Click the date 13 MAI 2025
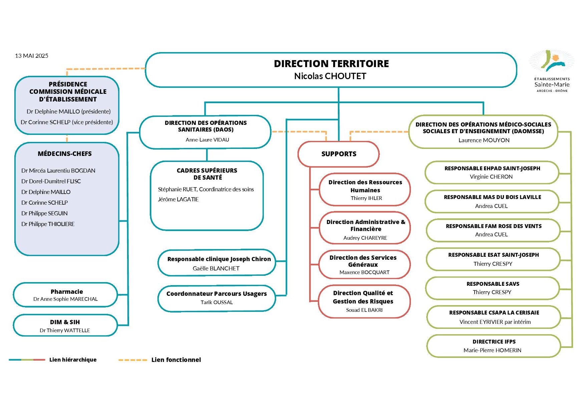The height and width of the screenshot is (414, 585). [32, 56]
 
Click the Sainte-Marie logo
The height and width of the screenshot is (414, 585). [552, 71]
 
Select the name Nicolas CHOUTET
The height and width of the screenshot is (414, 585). [330, 76]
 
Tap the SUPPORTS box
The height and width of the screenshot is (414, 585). [339, 154]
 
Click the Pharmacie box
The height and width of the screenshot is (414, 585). [65, 295]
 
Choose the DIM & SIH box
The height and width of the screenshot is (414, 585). [65, 325]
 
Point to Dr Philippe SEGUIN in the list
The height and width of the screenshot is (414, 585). [44, 213]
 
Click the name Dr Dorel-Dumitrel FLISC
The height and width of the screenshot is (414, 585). [51, 181]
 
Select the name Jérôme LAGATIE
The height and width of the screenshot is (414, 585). [178, 199]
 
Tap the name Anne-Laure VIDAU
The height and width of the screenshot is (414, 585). [207, 140]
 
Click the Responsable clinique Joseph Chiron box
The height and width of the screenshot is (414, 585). [217, 262]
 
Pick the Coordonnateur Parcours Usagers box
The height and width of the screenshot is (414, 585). [217, 298]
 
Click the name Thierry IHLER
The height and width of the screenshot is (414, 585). [366, 198]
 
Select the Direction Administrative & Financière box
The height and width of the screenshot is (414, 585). [365, 228]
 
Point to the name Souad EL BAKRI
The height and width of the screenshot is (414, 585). [364, 310]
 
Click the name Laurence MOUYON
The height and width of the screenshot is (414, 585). [484, 140]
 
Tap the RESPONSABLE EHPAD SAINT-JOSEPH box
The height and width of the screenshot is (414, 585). [492, 173]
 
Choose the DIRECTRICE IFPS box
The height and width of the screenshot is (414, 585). [494, 346]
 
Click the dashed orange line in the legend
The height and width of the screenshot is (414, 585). [133, 360]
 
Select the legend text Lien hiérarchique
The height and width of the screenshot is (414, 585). [73, 360]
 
